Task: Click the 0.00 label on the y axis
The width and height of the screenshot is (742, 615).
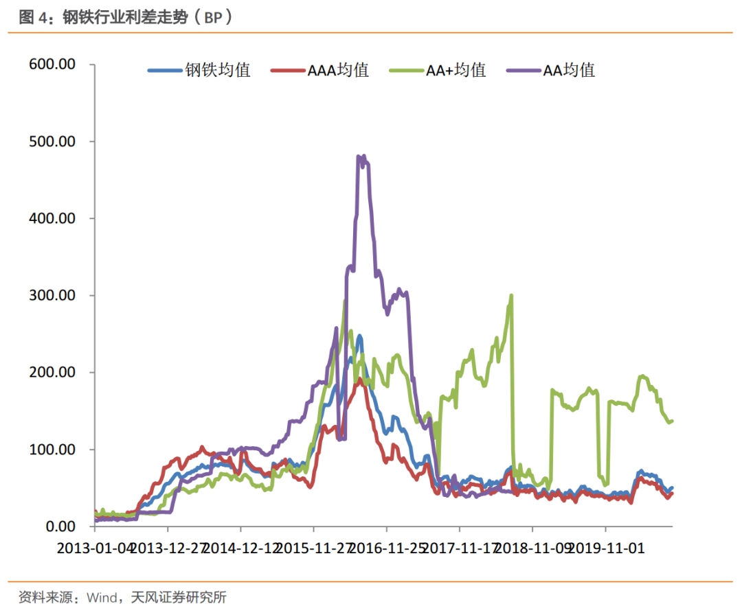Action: point(60,526)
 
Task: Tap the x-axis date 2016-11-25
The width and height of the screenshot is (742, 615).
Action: point(387,549)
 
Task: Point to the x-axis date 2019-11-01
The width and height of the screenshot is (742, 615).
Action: point(606,549)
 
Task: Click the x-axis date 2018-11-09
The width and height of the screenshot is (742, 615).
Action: point(533,549)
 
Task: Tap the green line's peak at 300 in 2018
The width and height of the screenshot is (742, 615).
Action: point(511,296)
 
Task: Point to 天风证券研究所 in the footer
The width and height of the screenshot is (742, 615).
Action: point(183,597)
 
